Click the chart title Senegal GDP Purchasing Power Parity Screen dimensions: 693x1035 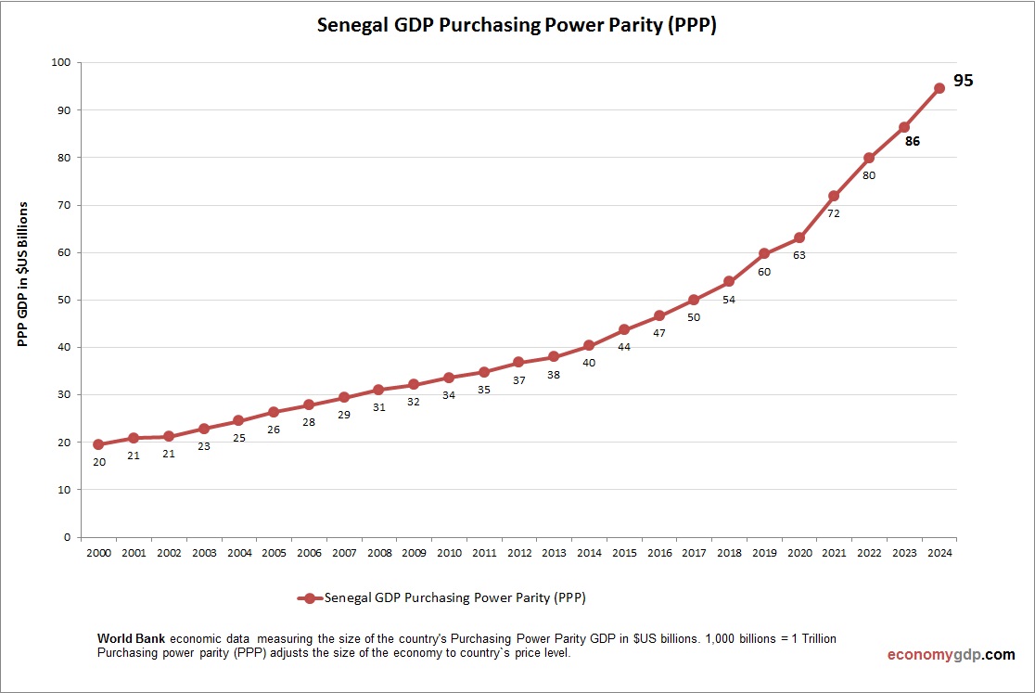click(517, 25)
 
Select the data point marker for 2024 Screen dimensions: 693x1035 click(939, 88)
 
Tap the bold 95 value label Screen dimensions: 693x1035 click(964, 81)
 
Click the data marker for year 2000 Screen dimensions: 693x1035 click(98, 444)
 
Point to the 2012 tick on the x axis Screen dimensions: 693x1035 click(519, 553)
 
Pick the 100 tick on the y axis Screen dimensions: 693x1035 click(61, 63)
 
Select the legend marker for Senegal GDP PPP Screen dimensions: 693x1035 click(310, 598)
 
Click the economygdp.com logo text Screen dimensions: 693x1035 click(951, 655)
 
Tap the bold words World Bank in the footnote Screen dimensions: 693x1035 click(132, 639)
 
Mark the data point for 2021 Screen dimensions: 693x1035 click(834, 196)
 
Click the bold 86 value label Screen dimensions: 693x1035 click(913, 142)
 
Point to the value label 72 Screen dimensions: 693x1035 click(834, 213)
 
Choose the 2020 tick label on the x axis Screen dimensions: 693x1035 click(799, 553)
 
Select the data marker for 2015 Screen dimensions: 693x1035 click(624, 329)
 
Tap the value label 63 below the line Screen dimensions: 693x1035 click(799, 255)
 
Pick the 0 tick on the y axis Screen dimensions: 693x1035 click(67, 537)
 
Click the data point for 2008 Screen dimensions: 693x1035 click(378, 390)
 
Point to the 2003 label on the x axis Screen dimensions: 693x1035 click(204, 553)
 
